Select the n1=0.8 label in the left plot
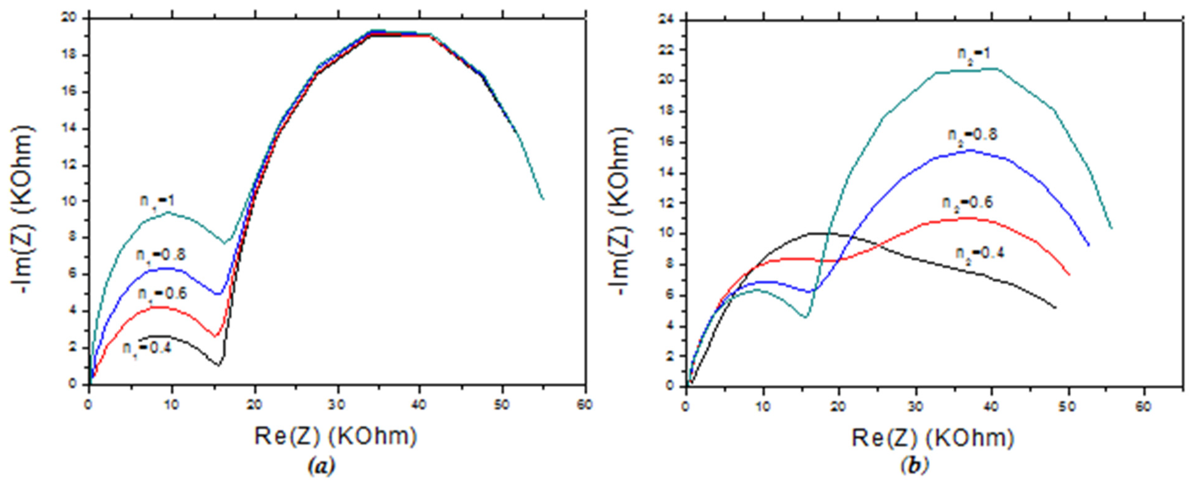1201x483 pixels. click(x=160, y=255)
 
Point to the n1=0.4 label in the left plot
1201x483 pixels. click(x=147, y=348)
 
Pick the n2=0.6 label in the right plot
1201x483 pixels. click(x=968, y=202)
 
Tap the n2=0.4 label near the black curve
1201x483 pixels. click(x=980, y=253)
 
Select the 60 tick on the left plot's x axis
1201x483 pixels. click(x=585, y=405)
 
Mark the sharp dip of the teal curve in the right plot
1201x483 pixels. click(x=806, y=317)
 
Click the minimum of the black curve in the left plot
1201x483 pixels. click(x=218, y=365)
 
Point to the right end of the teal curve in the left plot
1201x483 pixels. click(x=543, y=199)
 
